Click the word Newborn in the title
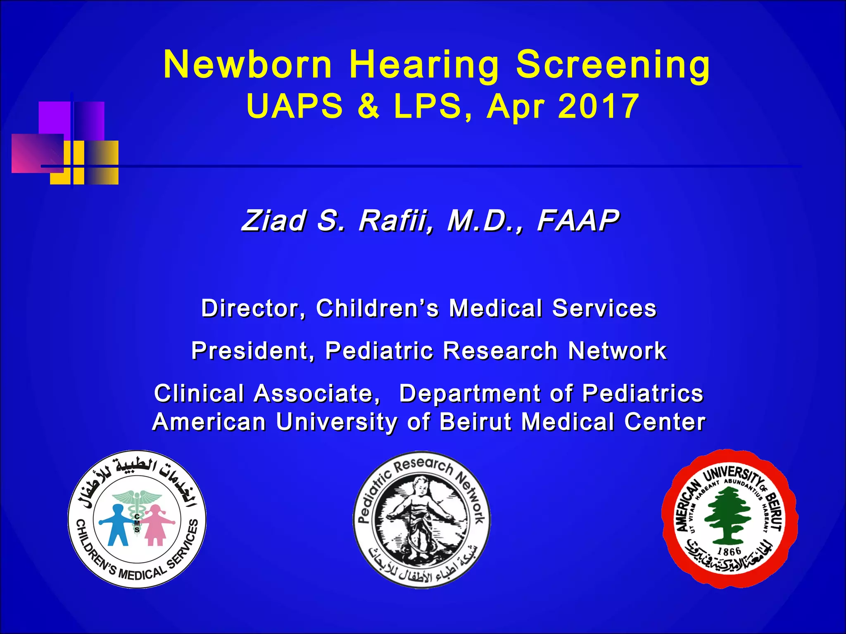(247, 65)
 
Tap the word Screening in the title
(613, 65)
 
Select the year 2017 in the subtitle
(599, 106)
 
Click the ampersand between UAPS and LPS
(368, 106)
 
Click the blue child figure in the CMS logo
(117, 524)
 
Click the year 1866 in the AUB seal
(729, 551)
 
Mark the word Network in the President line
(617, 351)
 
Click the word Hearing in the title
(424, 65)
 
